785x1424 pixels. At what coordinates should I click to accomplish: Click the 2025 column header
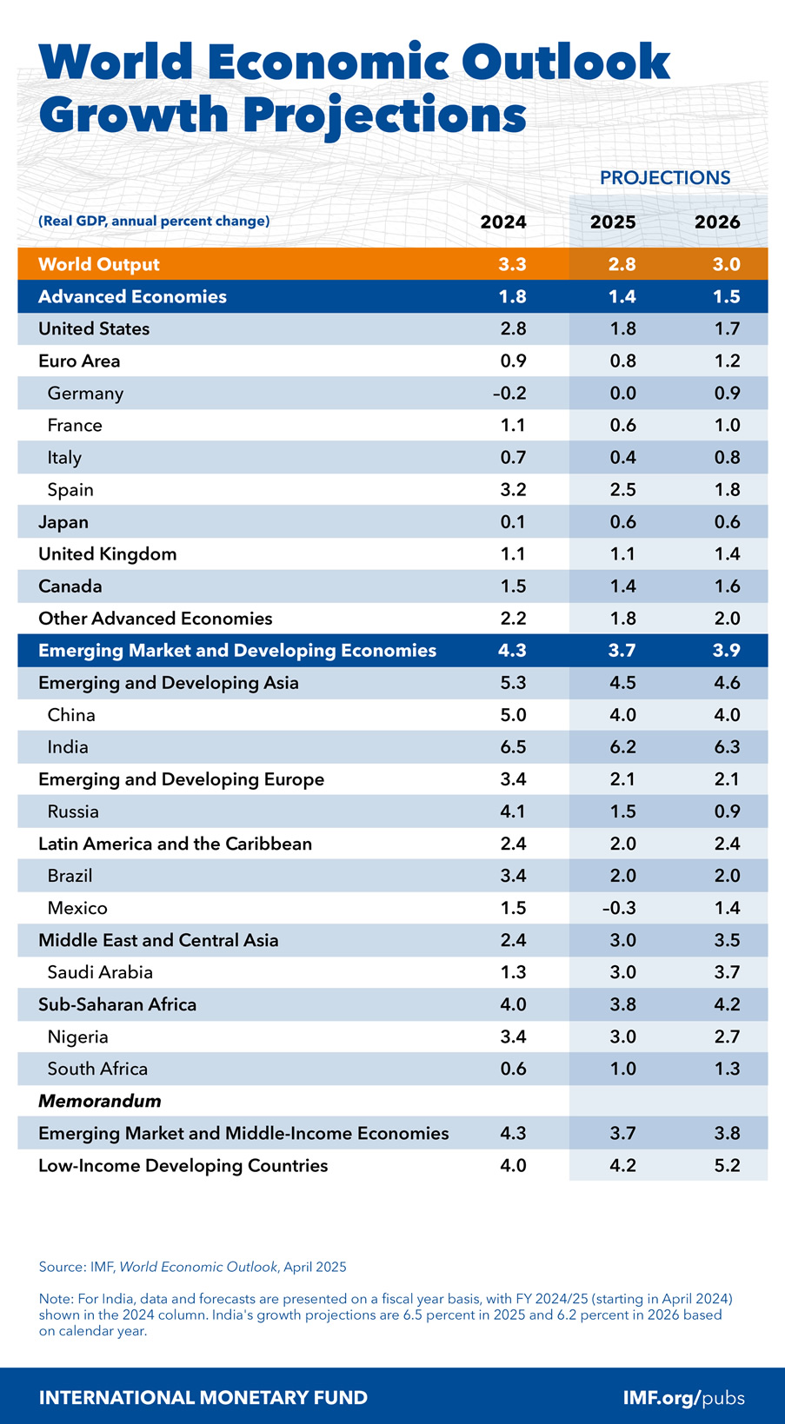(613, 222)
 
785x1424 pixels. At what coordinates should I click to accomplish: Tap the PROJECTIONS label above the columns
(665, 178)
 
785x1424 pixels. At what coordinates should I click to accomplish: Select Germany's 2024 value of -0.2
(509, 394)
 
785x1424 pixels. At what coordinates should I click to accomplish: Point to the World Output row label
(99, 265)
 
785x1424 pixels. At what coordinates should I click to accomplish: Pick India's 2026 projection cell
(727, 747)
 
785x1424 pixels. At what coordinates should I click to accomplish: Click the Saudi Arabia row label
(100, 972)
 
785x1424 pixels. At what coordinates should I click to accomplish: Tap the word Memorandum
(100, 1101)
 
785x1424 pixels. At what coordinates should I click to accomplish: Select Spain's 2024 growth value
(513, 490)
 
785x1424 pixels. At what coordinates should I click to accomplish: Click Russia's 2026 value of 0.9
(727, 811)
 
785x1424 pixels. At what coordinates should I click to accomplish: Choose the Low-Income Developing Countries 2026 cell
(727, 1165)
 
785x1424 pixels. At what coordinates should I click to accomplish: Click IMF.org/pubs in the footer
(683, 1398)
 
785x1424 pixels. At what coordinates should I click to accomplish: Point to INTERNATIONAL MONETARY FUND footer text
(203, 1398)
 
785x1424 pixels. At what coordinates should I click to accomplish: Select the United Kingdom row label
(108, 554)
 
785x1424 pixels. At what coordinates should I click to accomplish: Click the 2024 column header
(503, 222)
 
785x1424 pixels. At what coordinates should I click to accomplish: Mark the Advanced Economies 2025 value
(622, 297)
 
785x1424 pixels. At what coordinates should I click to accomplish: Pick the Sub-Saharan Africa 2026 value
(727, 1004)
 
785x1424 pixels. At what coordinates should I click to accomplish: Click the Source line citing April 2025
(192, 1267)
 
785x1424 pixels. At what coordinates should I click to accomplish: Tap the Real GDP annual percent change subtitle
(154, 222)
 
